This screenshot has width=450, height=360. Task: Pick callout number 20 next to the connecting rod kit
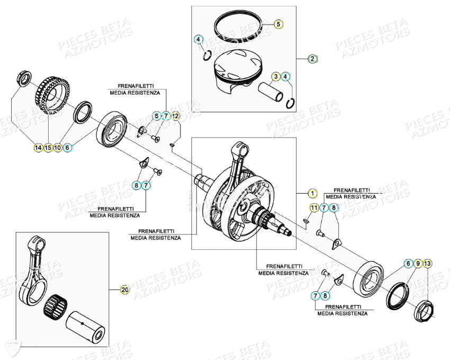click(x=125, y=290)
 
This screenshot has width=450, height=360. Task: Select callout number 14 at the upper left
click(x=38, y=148)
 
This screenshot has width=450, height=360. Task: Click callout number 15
click(x=48, y=148)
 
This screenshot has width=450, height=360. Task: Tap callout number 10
click(x=58, y=148)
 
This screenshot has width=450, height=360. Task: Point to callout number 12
click(x=175, y=115)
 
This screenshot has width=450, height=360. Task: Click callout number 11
click(x=314, y=208)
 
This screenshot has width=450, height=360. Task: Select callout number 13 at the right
click(x=428, y=263)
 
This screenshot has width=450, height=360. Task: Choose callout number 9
click(x=418, y=263)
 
